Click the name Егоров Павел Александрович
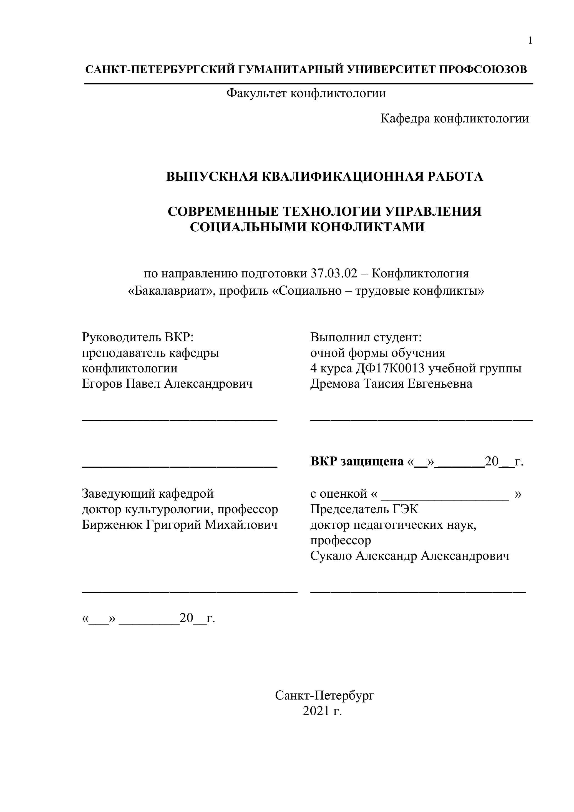[167, 384]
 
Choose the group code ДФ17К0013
[389, 369]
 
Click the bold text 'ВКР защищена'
[357, 462]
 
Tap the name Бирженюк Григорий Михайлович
[180, 525]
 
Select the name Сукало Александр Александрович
[410, 556]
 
